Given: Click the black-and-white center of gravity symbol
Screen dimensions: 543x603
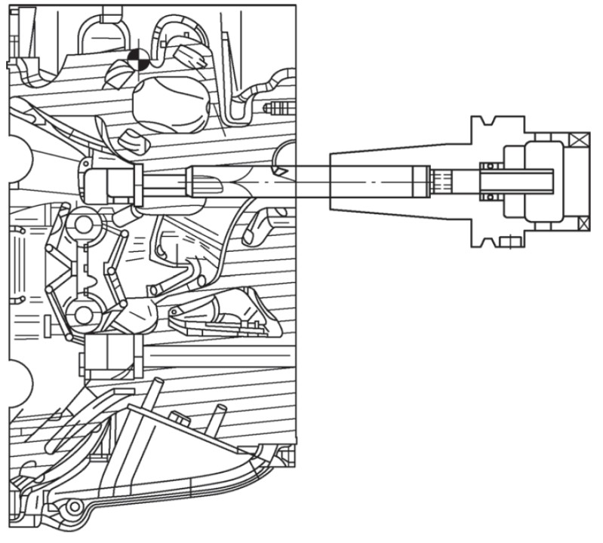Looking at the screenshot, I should click(x=137, y=59).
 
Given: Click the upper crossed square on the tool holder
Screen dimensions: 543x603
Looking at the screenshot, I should click(x=582, y=140).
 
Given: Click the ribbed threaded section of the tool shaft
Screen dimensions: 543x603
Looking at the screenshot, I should click(x=445, y=181).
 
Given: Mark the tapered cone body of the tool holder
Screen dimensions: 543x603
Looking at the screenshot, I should click(x=377, y=181).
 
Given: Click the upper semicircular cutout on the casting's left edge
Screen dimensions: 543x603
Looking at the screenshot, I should click(x=17, y=160).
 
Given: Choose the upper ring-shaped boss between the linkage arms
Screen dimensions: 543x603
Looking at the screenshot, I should click(x=82, y=225).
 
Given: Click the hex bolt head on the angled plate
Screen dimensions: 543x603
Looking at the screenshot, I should click(x=182, y=416).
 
